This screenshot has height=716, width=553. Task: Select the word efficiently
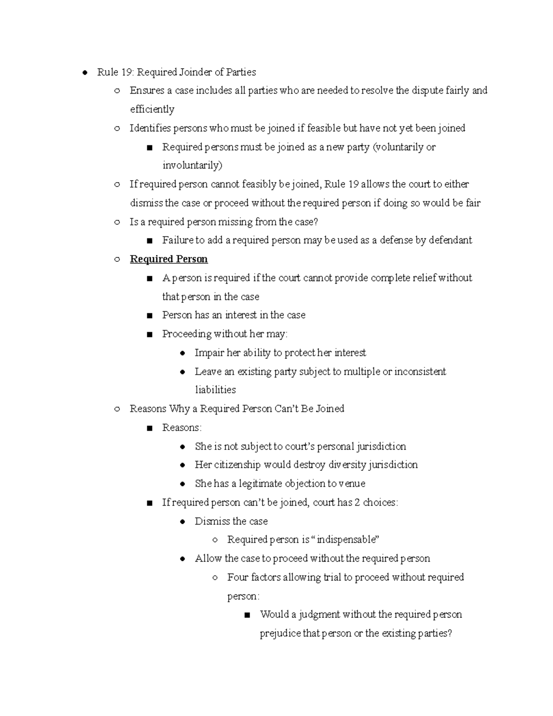coord(152,109)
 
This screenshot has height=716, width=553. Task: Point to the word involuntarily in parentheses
coord(192,166)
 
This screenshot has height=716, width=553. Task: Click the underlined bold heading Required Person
coord(169,259)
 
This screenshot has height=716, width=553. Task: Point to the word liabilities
coord(215,390)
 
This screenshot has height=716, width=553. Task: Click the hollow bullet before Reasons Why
coord(117,409)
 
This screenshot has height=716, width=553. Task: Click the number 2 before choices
coord(357,503)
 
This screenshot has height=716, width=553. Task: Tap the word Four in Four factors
coord(238,577)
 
